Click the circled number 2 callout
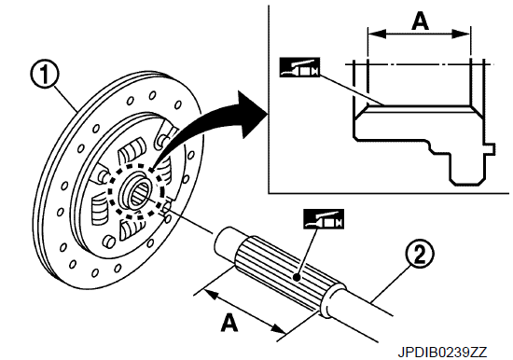[x=420, y=255]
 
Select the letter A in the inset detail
[x=420, y=21]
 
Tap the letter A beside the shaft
[x=230, y=322]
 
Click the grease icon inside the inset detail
[x=299, y=67]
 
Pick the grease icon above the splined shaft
[x=324, y=219]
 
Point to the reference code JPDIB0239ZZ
[x=442, y=353]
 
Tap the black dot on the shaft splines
[x=297, y=278]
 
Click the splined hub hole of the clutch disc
[x=140, y=194]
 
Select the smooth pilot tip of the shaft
[x=225, y=242]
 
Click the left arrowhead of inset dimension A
[x=376, y=34]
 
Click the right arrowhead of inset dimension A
[x=462, y=34]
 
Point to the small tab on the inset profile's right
[x=490, y=148]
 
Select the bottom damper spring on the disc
[x=132, y=228]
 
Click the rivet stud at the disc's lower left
[x=109, y=242]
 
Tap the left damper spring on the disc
[x=101, y=210]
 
